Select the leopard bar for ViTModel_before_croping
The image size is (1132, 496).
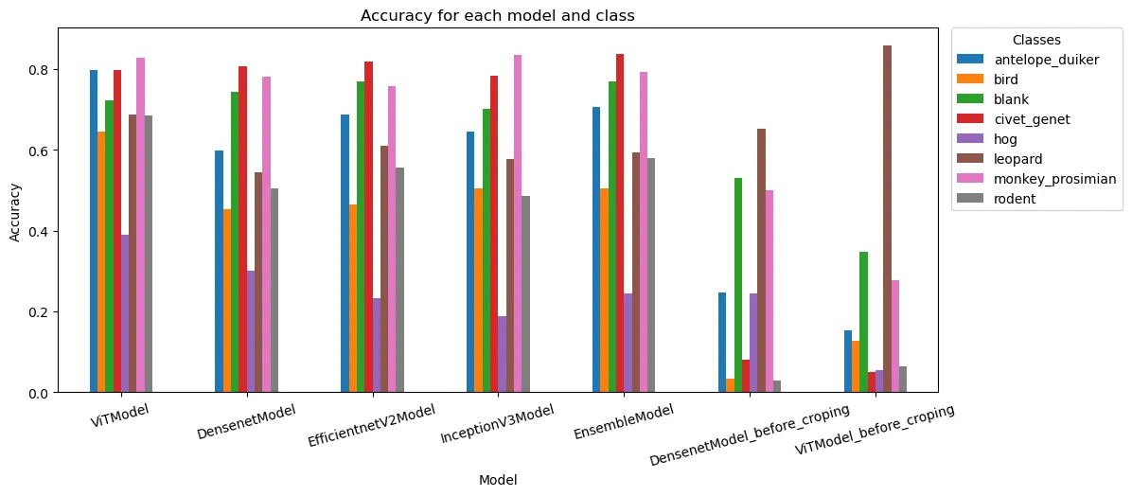point(887,219)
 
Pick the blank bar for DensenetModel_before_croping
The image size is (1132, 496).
point(738,285)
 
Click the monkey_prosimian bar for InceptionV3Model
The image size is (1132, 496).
point(518,223)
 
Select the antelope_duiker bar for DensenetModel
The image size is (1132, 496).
point(220,272)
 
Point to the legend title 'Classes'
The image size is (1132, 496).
point(1035,41)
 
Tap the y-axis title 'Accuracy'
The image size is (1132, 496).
point(15,210)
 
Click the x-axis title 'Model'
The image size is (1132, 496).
point(498,480)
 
